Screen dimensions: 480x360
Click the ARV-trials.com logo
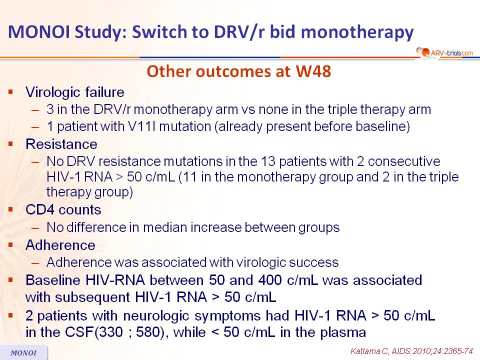[x=444, y=52]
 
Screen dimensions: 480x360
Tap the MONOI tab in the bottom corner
[x=24, y=352]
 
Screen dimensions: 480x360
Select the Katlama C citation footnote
[x=411, y=351]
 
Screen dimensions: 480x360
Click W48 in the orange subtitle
[x=313, y=71]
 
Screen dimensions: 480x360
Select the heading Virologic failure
[x=75, y=92]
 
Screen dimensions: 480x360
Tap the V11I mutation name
[x=142, y=126]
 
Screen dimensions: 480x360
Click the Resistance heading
[x=61, y=144]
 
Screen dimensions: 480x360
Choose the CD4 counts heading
[x=63, y=210]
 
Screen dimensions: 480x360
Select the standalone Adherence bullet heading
[x=60, y=245]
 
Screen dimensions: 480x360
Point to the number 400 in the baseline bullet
[x=270, y=280]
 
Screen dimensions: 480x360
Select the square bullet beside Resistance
[x=11, y=143]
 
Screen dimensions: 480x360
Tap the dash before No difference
[x=35, y=228]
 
